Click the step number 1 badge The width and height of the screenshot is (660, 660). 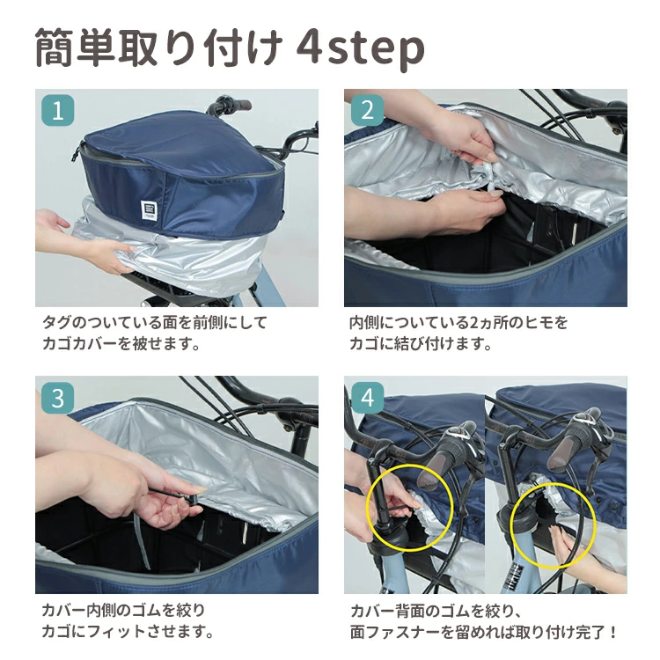pyautogui.click(x=58, y=110)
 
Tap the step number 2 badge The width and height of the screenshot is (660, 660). pyautogui.click(x=367, y=110)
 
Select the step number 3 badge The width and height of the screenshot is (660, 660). pyautogui.click(x=58, y=398)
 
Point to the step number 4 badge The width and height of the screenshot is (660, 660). pyautogui.click(x=367, y=398)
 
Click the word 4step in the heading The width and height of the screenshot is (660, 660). pyautogui.click(x=360, y=49)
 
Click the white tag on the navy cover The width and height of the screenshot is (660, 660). pyautogui.click(x=147, y=209)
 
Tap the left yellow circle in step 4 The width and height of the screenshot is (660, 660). pyautogui.click(x=409, y=508)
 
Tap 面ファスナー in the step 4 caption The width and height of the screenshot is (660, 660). pyautogui.click(x=394, y=632)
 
